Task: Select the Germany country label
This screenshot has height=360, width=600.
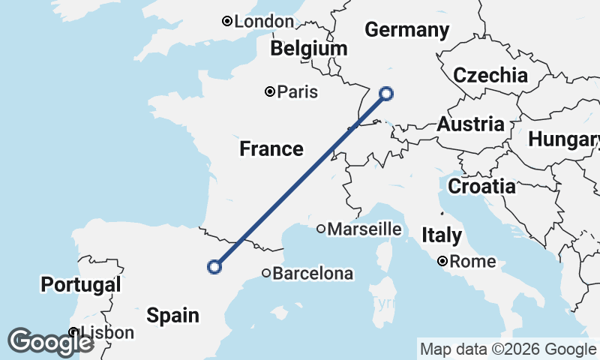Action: pos(406,30)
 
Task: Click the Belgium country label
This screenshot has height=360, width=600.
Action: pos(310,49)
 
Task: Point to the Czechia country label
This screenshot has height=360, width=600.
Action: pos(490,75)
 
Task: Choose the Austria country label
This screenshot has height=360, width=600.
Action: pos(471,124)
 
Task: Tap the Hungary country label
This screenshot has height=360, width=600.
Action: pos(564,139)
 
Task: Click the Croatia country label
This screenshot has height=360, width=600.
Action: pos(481,186)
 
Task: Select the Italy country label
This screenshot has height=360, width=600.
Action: pos(442,235)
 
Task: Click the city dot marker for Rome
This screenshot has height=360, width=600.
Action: pos(443,262)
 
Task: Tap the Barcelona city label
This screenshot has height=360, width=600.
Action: pos(313,274)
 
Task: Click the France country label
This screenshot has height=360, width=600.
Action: pos(271,149)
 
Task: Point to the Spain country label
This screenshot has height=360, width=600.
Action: pos(173,314)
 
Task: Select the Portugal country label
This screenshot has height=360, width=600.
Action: pos(81,285)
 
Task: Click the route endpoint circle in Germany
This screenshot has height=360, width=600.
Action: pos(386,94)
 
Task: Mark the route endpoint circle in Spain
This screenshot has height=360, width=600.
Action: pos(215,266)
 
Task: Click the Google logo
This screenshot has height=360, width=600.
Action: pos(50,342)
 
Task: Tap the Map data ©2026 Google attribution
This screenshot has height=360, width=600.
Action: pos(508,349)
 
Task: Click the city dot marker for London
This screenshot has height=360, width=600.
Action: pos(227,22)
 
